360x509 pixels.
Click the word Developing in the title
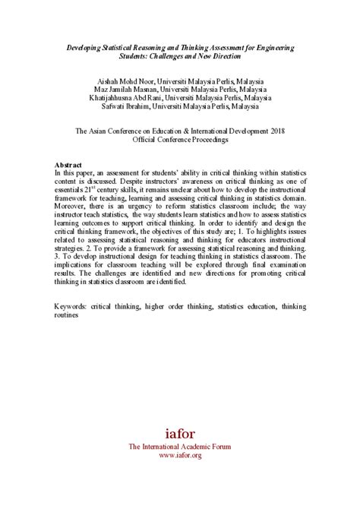[x=85, y=47]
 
